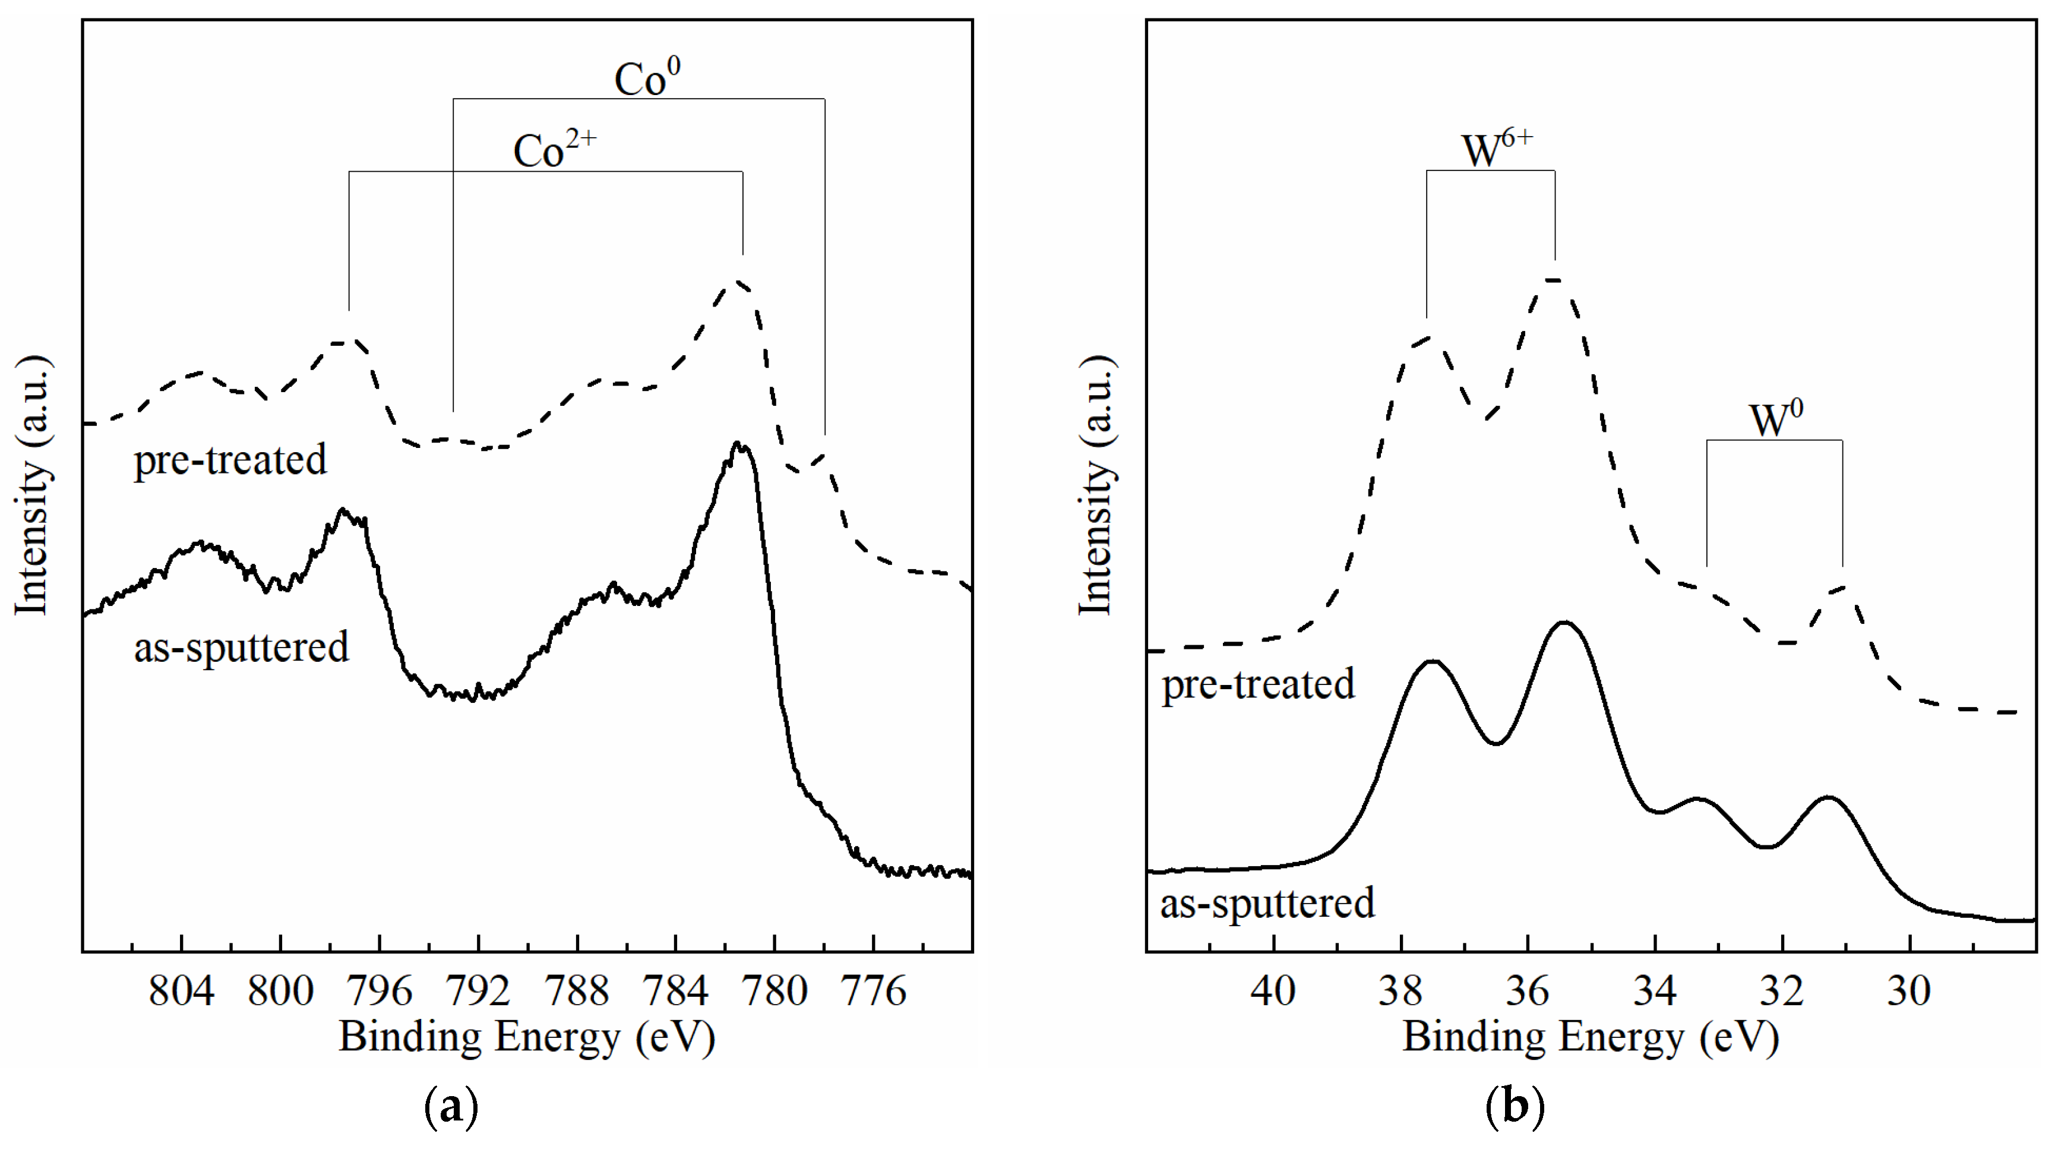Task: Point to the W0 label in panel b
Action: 1776,419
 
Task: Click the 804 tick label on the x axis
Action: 181,992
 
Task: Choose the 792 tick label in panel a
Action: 478,992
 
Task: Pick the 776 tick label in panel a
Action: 874,992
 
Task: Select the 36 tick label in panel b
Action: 1528,992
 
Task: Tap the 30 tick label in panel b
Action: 1909,992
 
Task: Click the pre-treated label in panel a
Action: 230,460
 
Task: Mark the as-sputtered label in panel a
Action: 241,647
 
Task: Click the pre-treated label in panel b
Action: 1258,684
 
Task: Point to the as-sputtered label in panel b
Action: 1267,903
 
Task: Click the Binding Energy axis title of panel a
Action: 526,1038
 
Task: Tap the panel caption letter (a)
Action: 451,1107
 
